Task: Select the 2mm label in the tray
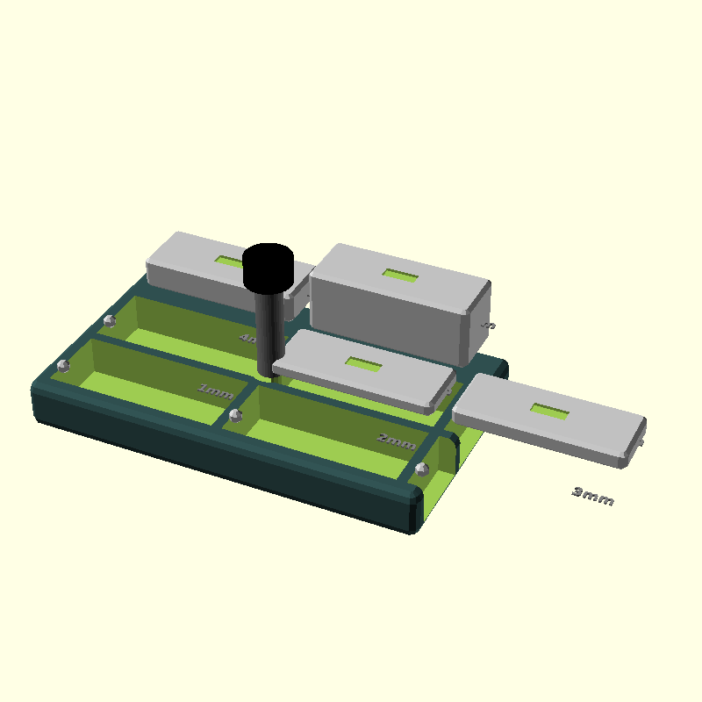[x=396, y=441]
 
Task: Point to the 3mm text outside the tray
[x=593, y=497]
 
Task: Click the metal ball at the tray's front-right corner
[x=420, y=470]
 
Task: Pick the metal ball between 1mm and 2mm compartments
[x=234, y=414]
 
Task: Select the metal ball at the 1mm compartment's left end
[x=62, y=365]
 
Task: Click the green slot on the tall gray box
[x=400, y=276]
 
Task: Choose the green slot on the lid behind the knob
[x=230, y=261]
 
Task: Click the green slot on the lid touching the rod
[x=362, y=363]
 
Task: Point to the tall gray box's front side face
[x=386, y=316]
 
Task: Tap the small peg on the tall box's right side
[x=490, y=326]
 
